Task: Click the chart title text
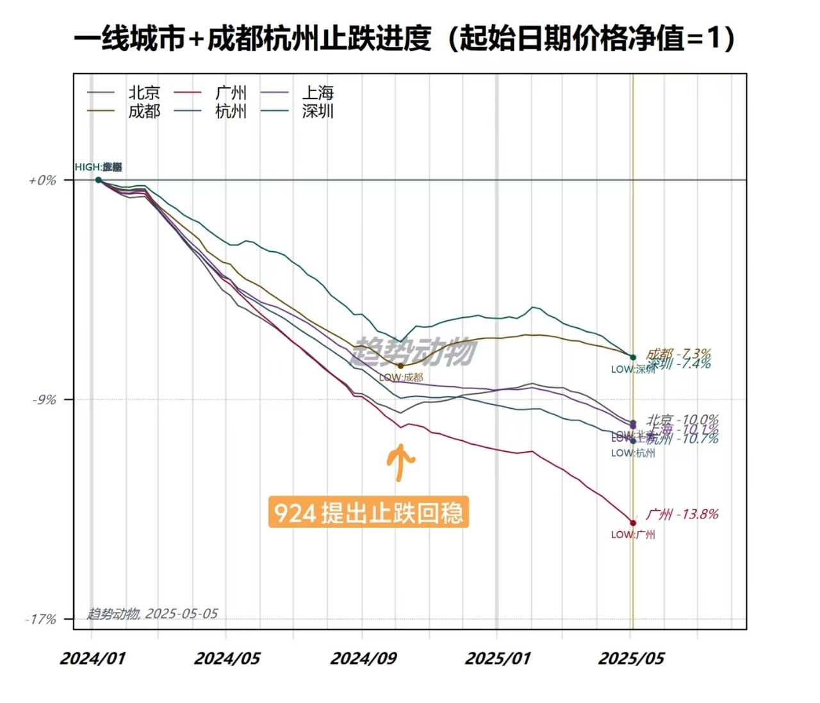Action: click(x=404, y=39)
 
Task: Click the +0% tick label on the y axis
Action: click(x=42, y=181)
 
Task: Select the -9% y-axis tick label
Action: click(x=44, y=400)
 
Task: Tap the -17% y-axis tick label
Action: click(x=41, y=620)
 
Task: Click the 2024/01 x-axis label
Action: click(x=92, y=659)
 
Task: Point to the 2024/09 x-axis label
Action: click(x=363, y=659)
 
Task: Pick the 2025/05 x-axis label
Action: click(x=631, y=659)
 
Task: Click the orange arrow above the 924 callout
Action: click(x=401, y=461)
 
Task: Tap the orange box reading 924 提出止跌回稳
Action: click(x=368, y=513)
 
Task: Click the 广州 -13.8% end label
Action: click(x=682, y=514)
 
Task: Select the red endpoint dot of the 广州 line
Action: click(x=633, y=523)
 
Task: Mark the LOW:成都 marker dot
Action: click(x=401, y=366)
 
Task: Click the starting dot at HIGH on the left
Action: click(x=99, y=180)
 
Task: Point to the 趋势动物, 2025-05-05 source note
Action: click(x=152, y=614)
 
